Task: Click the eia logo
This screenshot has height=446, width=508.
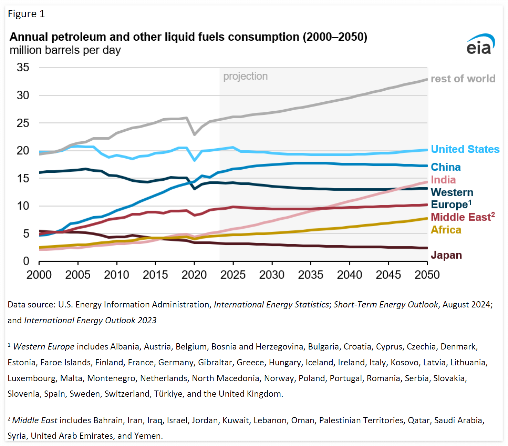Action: [480, 44]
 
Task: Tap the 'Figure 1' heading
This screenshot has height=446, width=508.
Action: [26, 14]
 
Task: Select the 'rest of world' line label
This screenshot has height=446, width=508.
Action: [463, 79]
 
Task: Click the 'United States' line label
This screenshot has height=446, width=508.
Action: [465, 149]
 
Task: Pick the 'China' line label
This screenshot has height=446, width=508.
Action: [446, 167]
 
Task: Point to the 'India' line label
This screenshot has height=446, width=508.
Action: [443, 180]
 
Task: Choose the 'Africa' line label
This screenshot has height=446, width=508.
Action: [446, 230]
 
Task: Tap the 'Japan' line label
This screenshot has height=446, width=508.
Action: [446, 255]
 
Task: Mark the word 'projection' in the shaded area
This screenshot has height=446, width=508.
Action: [245, 77]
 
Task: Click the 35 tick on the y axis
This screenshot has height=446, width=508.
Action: [23, 67]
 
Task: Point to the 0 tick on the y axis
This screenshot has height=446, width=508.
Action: [26, 261]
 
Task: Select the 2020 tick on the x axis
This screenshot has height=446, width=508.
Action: [194, 275]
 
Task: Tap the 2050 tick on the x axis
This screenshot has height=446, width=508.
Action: [427, 275]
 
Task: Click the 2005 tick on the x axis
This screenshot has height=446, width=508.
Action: [78, 275]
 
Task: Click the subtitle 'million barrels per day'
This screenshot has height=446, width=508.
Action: [65, 50]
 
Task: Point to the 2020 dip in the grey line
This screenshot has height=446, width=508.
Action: [195, 134]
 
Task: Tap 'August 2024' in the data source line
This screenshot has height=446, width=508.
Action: [467, 305]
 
